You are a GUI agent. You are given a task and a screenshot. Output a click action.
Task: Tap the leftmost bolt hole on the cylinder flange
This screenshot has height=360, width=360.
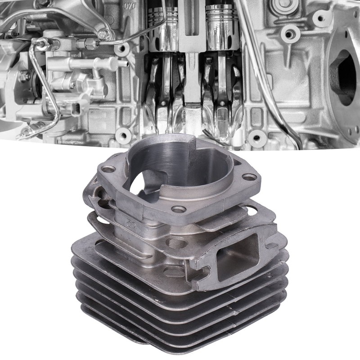108,170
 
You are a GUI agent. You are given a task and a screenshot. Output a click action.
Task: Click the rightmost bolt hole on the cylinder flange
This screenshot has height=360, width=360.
250,177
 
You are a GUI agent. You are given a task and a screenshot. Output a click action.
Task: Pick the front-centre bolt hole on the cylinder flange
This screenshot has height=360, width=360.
179,209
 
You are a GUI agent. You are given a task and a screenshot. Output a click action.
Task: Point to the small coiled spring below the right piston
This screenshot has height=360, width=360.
208,133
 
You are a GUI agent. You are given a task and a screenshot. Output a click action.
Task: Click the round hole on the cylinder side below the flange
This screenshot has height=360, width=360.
175,243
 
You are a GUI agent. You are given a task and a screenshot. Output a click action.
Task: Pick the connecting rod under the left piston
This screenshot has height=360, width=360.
164,90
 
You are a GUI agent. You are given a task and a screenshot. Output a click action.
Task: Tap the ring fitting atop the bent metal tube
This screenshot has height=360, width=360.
41,44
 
